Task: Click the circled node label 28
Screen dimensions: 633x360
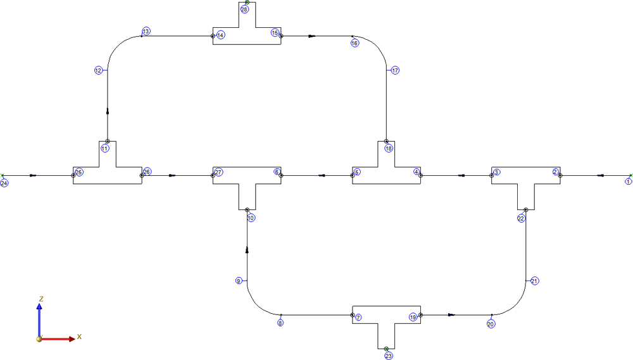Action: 244,9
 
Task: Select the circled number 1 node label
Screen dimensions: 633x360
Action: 628,182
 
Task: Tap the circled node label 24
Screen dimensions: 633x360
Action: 4,183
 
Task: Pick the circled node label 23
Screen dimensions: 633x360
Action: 389,356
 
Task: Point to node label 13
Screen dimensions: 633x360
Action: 146,31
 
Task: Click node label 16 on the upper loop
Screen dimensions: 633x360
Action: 355,43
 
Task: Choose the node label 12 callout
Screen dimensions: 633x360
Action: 99,71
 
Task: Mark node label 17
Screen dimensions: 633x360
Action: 395,71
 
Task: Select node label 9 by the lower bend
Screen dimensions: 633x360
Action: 239,281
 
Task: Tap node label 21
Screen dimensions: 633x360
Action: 534,281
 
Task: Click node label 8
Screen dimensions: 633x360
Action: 280,323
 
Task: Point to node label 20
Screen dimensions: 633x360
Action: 491,324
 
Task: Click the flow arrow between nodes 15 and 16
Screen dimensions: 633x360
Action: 311,36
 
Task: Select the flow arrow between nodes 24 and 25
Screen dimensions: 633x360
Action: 33,175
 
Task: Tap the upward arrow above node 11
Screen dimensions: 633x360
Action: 108,111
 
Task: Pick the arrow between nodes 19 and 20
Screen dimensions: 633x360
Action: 452,315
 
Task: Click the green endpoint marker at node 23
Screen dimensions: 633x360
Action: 386,349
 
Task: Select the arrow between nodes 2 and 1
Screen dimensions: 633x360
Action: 600,175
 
